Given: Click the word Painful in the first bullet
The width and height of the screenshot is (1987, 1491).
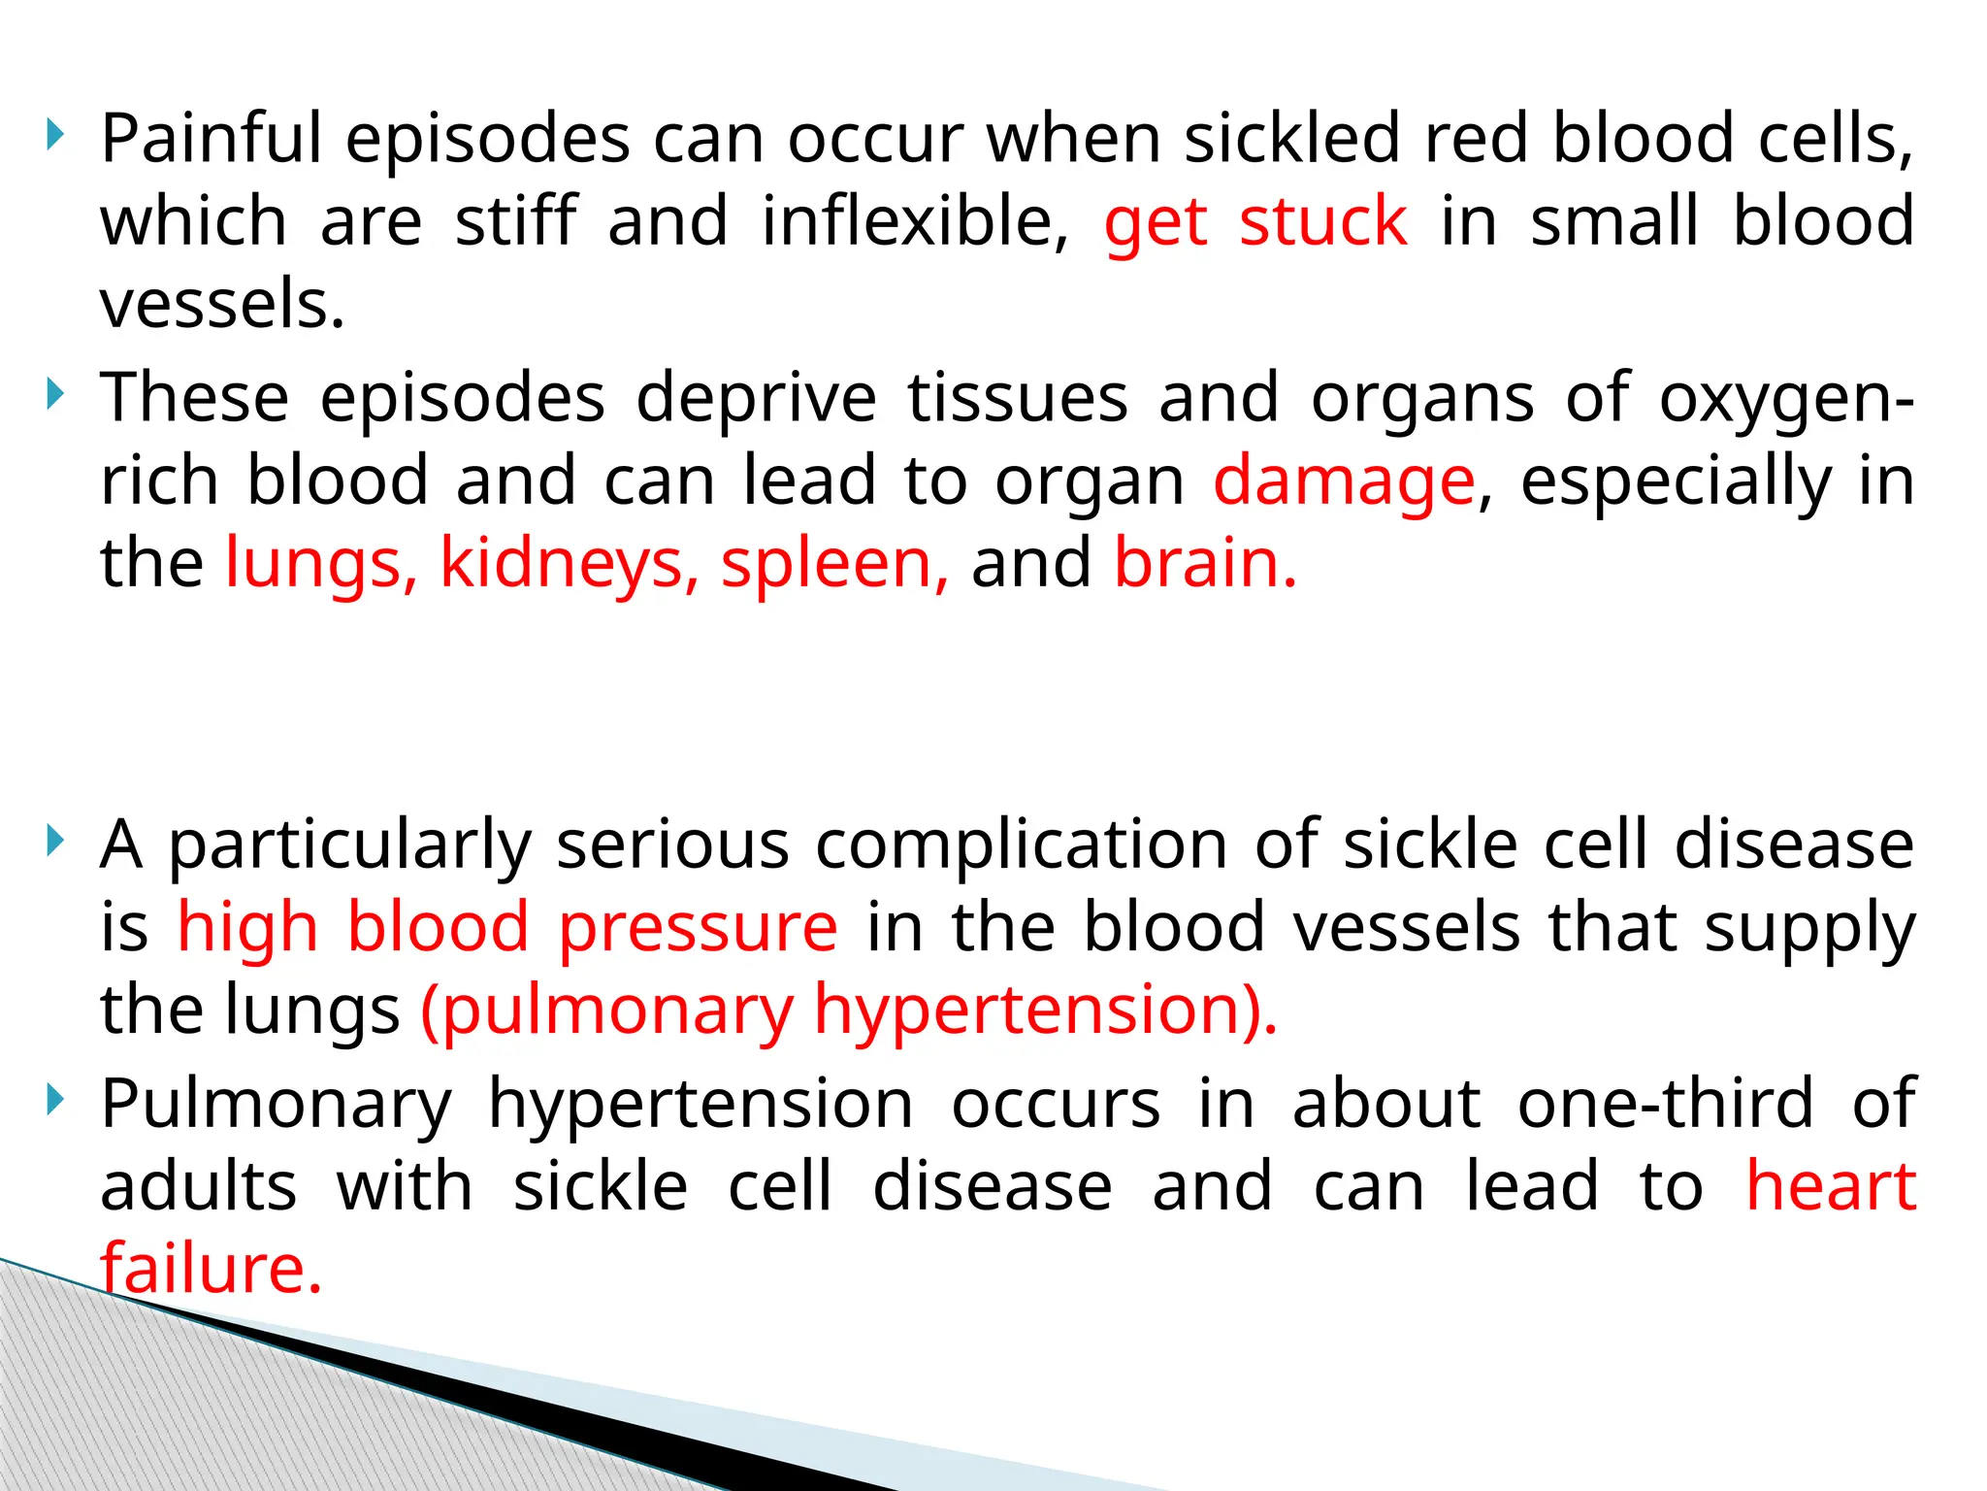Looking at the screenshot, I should pos(211,139).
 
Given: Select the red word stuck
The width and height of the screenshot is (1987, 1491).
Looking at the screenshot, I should pos(1322,222).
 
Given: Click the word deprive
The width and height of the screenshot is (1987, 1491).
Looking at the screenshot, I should pos(756,398).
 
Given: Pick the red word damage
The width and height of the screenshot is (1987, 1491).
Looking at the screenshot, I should pos(1344,482).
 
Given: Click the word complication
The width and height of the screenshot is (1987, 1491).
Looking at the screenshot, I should pos(1023,845).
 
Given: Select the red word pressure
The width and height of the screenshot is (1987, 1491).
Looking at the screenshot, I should pos(698,927).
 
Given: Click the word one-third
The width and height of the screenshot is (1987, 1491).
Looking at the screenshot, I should pos(1665,1104).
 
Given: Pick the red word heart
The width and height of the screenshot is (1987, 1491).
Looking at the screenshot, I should pos(1831,1186).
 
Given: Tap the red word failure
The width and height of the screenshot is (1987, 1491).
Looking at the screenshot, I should pos(211,1269).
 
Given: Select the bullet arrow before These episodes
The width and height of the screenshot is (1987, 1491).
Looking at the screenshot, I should pos(56,394).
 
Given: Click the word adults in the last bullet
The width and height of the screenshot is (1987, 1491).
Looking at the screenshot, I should pos(198,1186).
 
